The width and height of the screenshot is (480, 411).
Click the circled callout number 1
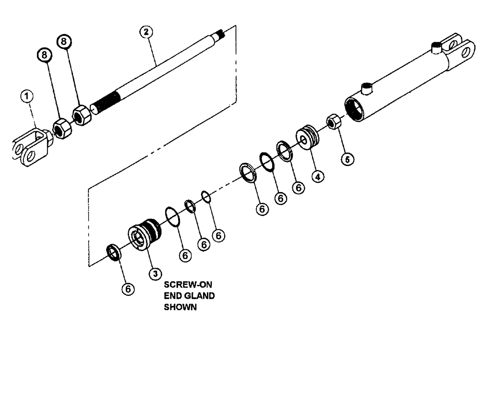coord(28,97)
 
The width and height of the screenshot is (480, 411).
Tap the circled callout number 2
coord(145,33)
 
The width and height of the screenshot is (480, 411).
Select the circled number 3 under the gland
coord(155,274)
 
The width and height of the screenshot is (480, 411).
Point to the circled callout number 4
coord(317,176)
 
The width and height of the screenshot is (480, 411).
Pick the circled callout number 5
coord(346,158)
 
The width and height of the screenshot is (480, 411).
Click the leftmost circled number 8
coord(45,56)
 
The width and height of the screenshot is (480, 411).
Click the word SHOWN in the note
coord(180,307)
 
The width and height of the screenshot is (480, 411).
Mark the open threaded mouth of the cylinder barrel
coord(355,109)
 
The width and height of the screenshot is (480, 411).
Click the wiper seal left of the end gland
coord(113,252)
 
